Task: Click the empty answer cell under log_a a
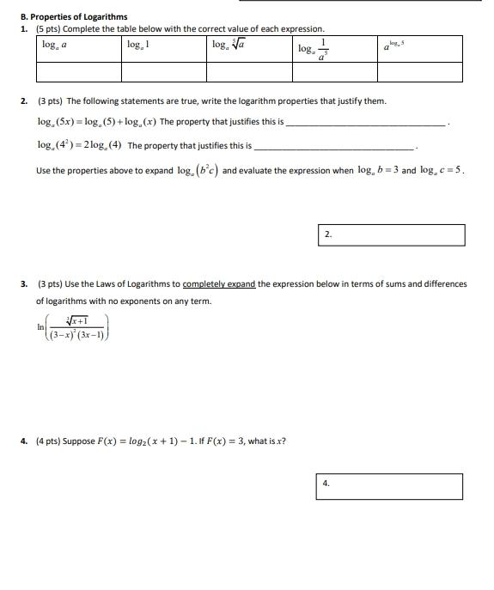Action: pyautogui.click(x=78, y=72)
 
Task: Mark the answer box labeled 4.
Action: pyautogui.click(x=389, y=486)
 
